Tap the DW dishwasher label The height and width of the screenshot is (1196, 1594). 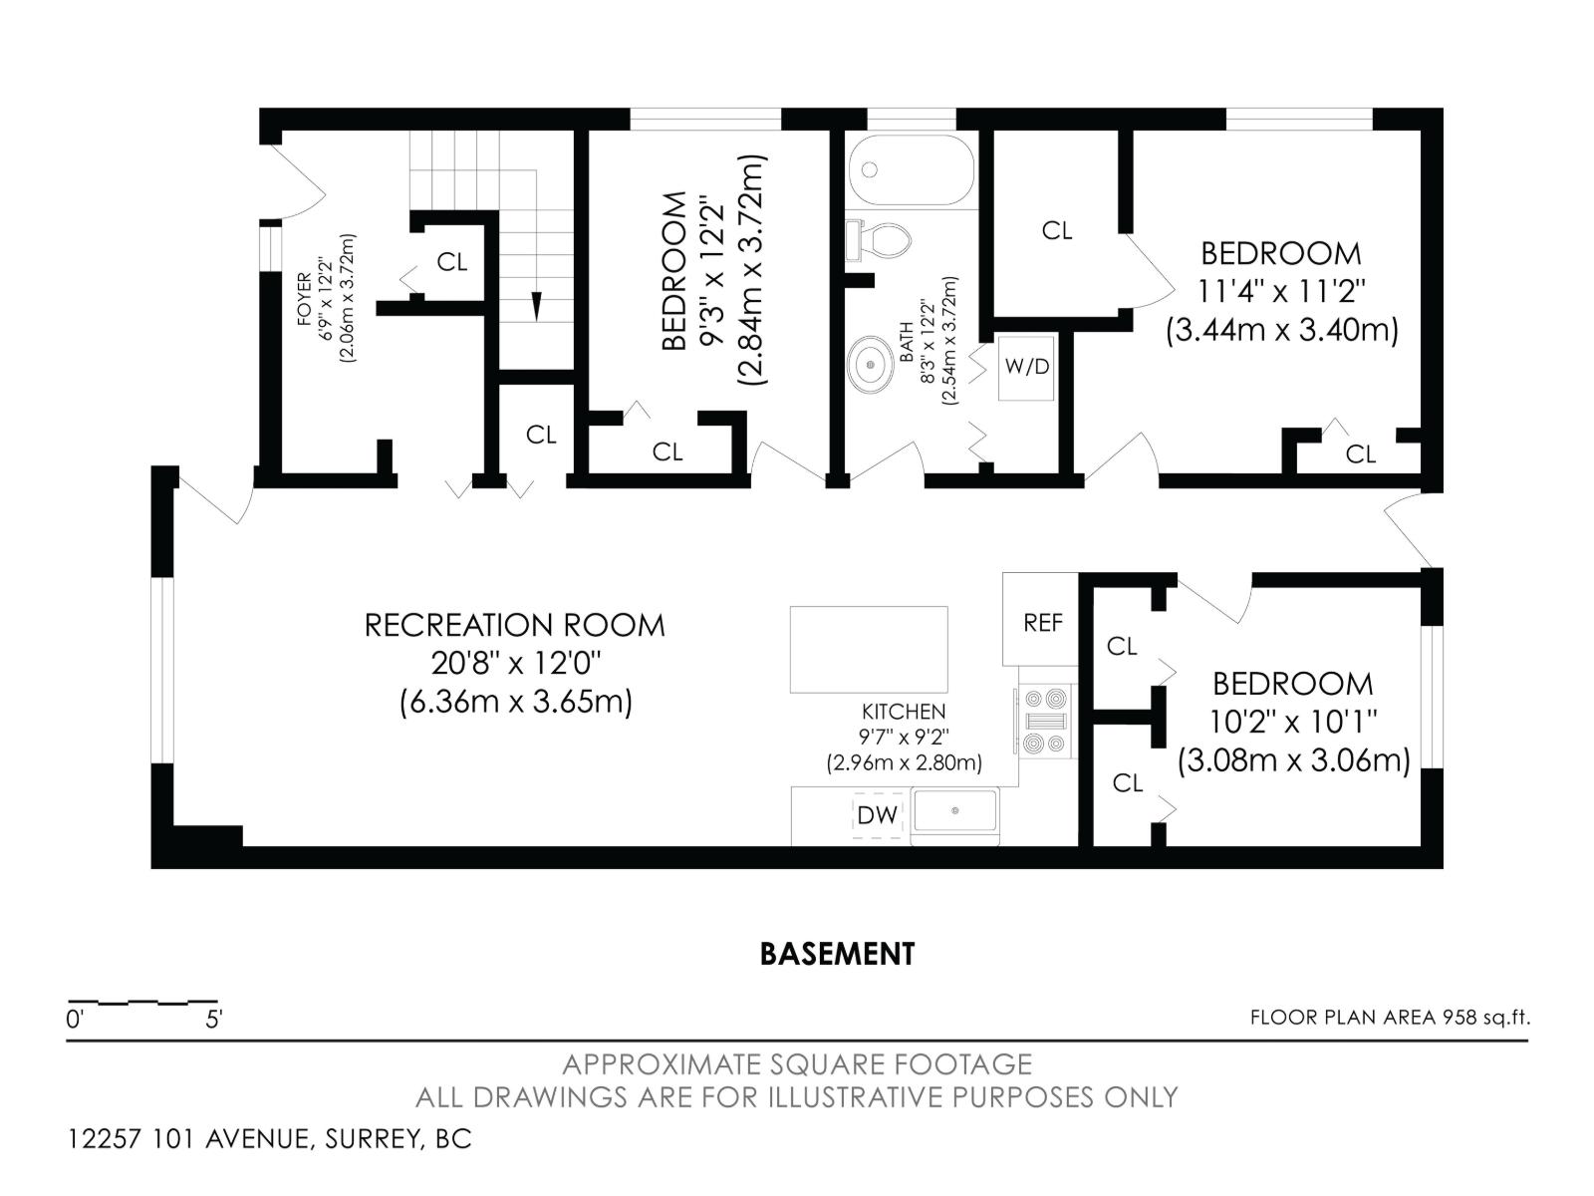click(878, 815)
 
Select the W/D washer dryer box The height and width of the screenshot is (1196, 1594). click(1027, 367)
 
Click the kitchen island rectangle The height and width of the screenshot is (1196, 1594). click(869, 649)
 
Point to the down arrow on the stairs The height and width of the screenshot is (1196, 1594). click(537, 304)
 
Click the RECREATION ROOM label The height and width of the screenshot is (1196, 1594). click(514, 626)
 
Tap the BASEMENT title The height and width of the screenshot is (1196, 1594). click(837, 954)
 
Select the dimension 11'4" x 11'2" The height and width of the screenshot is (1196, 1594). click(1281, 292)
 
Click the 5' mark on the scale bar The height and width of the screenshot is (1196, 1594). click(213, 1020)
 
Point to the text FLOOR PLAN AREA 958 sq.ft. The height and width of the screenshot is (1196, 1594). click(1389, 1018)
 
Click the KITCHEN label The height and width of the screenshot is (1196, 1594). click(904, 712)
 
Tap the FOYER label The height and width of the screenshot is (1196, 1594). click(303, 299)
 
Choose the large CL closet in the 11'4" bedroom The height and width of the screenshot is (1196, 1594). click(1057, 230)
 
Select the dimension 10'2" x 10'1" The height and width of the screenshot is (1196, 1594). click(1293, 722)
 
